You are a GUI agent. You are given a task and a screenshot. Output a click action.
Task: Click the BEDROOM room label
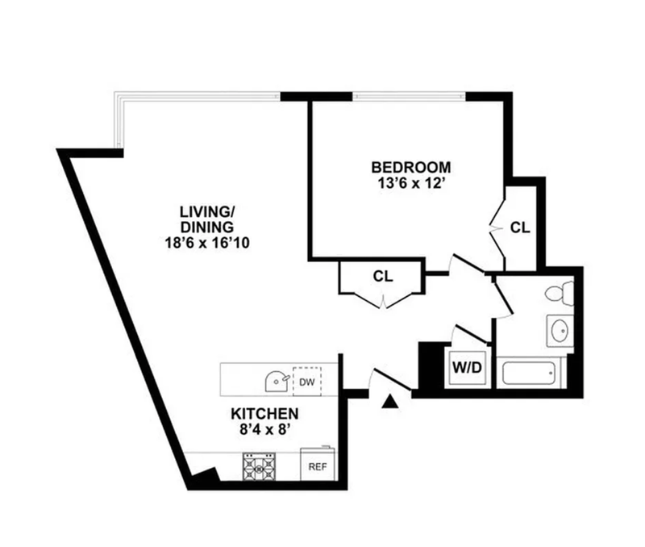411,168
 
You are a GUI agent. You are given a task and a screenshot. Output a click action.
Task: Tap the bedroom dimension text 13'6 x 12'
412,183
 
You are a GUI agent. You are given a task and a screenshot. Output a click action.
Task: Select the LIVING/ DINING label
207,219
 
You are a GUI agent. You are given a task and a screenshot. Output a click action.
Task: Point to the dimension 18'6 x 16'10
207,242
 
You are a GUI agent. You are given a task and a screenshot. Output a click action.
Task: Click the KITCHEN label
264,413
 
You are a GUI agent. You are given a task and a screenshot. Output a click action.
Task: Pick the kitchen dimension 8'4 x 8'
265,429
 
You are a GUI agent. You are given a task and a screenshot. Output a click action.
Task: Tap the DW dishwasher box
307,382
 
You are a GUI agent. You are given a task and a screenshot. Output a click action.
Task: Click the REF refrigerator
318,464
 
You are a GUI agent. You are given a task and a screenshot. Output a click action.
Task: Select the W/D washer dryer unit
467,367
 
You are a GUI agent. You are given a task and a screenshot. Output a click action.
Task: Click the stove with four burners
259,467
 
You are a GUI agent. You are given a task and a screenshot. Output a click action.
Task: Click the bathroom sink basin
560,331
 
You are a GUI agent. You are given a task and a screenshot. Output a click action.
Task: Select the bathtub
530,373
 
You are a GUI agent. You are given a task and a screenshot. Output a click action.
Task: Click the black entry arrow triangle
390,402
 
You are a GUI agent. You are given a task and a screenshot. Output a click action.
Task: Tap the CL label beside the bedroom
520,228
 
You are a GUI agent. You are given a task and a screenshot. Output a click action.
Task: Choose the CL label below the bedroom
383,276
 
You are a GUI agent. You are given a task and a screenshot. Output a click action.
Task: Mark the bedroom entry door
467,264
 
